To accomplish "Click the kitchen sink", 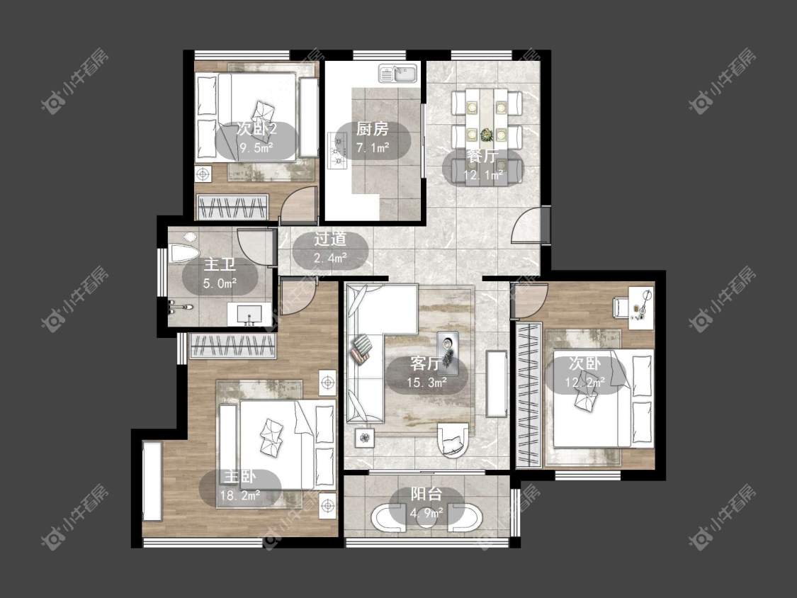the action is pos(397,74).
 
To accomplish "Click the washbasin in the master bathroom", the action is pos(249,315).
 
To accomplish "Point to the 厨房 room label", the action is pos(372,129).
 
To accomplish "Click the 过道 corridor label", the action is pos(330,239).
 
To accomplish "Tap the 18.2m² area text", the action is pos(240,495).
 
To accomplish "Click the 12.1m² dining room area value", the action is pos(483,176).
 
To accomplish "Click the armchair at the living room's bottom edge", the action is pos(453,439).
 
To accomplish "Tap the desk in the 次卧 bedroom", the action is pos(641,308).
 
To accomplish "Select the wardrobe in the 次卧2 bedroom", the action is pos(232,207).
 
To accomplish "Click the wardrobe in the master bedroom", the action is pos(232,346).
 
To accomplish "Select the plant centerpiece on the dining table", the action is pos(487,135).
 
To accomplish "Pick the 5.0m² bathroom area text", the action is pos(220,283).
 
